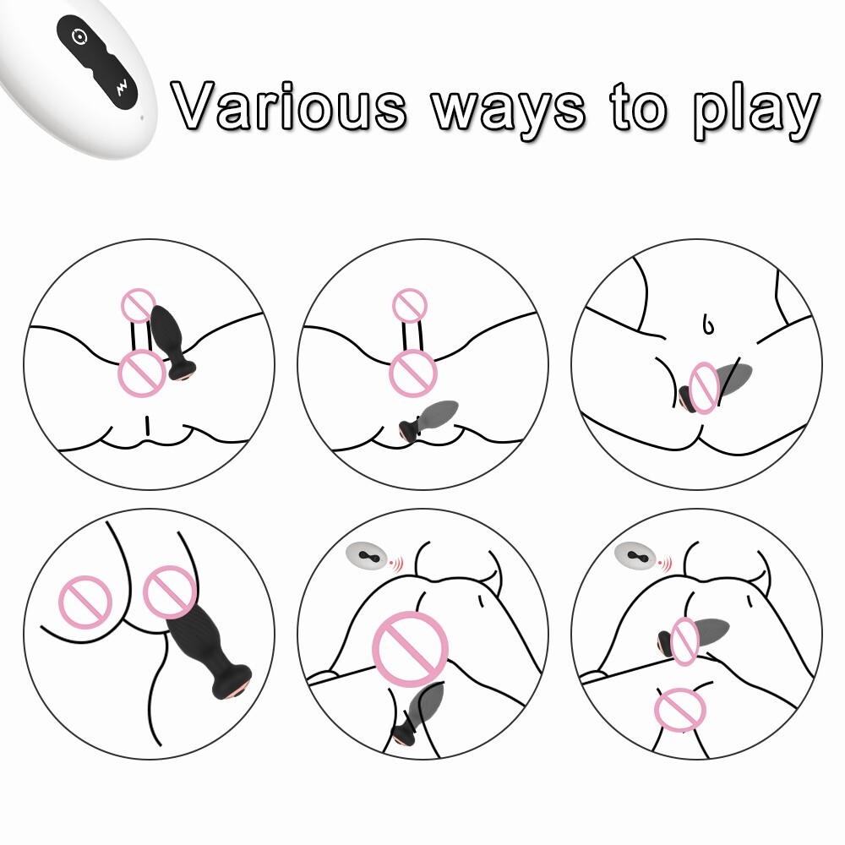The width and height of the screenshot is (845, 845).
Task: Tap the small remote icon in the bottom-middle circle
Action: [x=368, y=556]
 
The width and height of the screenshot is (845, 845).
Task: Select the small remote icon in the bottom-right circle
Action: [x=641, y=556]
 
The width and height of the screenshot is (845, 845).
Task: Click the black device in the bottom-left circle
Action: [x=209, y=651]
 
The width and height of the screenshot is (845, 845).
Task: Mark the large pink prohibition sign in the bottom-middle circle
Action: [x=411, y=649]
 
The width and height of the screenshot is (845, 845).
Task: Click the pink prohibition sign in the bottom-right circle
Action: [x=680, y=710]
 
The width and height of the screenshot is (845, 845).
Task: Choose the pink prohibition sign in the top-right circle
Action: [x=704, y=388]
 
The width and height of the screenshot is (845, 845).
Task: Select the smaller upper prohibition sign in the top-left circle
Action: [x=139, y=305]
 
